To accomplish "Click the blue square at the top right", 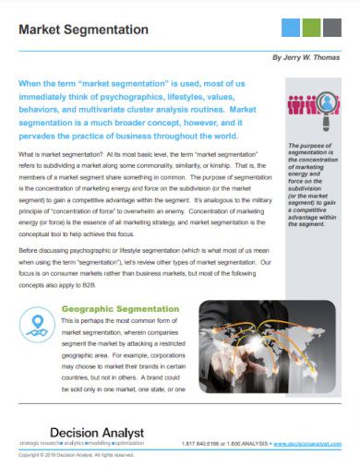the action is click(x=291, y=26).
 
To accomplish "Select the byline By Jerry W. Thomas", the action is click(x=306, y=57).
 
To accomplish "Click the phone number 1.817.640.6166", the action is click(x=204, y=443).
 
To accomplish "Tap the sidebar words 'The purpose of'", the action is click(x=308, y=146).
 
